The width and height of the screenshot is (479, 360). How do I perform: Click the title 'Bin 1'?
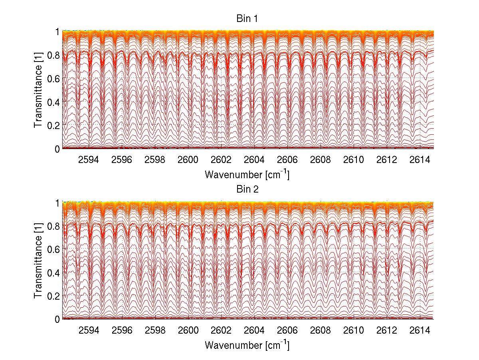pyautogui.click(x=247, y=19)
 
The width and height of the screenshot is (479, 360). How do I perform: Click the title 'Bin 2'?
pyautogui.click(x=247, y=189)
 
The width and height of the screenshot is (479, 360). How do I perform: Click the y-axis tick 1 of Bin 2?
pyautogui.click(x=57, y=203)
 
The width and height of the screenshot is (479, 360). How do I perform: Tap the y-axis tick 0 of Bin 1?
pyautogui.click(x=57, y=149)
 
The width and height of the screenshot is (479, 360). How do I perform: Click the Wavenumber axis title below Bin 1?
pyautogui.click(x=247, y=174)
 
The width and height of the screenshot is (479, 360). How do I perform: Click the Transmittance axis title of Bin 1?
pyautogui.click(x=38, y=90)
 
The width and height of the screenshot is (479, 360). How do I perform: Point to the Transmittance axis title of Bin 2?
pyautogui.click(x=38, y=261)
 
